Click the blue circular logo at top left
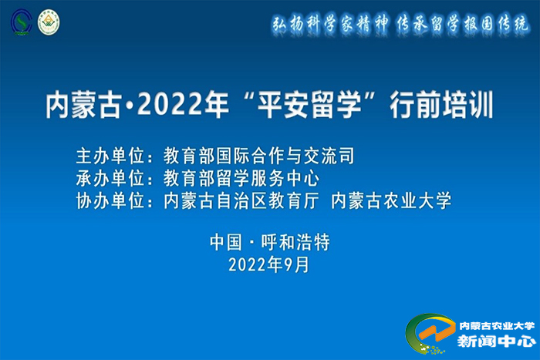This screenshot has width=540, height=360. tap(22, 22)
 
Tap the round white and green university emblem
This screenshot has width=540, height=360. tap(49, 22)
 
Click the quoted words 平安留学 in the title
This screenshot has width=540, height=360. tap(309, 105)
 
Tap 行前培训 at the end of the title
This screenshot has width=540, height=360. tap(441, 105)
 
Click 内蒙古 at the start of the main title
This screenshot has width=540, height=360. tap(83, 105)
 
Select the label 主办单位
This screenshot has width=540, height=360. tap(110, 156)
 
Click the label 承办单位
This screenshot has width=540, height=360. tap(110, 178)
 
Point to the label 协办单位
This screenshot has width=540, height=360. tap(110, 200)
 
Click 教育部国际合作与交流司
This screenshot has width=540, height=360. tap(259, 156)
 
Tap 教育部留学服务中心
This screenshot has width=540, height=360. tap(241, 178)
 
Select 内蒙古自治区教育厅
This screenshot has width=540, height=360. tap(241, 200)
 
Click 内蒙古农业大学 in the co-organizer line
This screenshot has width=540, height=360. tap(391, 200)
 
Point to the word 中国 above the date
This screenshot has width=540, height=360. tap(226, 242)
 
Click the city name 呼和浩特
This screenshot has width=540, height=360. tap(295, 242)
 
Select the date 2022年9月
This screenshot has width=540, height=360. tap(269, 265)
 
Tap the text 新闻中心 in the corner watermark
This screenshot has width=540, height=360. tap(497, 341)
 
